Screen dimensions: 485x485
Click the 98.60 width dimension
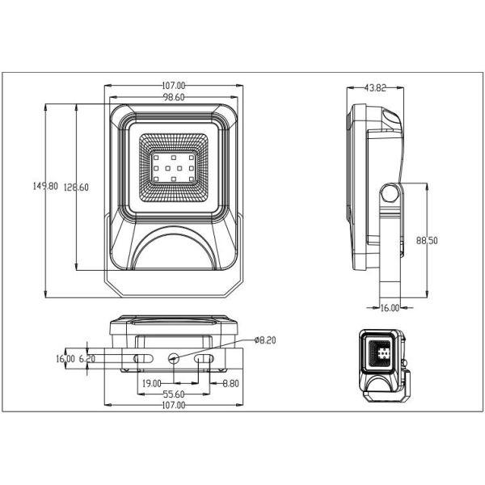(174, 98)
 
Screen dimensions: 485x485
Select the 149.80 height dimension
(45, 186)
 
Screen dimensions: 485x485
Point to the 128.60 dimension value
(76, 188)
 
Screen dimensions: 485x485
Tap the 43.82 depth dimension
(375, 88)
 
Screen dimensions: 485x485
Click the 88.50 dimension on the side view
(427, 240)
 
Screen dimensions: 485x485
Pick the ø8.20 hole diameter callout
(265, 340)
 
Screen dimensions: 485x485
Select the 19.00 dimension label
(152, 383)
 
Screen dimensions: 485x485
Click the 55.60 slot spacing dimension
(174, 394)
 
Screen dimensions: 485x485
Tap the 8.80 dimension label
(230, 383)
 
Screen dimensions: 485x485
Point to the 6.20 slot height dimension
(87, 359)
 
